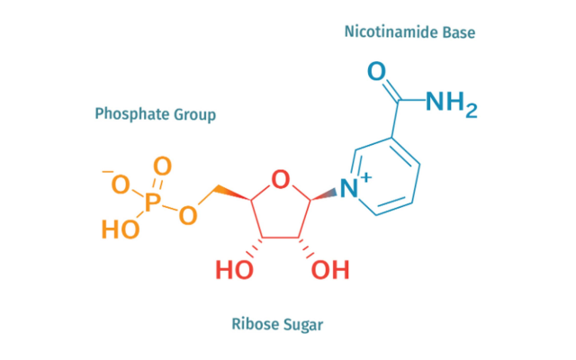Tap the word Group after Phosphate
[195, 115]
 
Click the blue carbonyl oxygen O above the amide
[377, 71]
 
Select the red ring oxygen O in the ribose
[281, 181]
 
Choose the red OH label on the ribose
[330, 269]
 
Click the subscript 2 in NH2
[471, 112]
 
